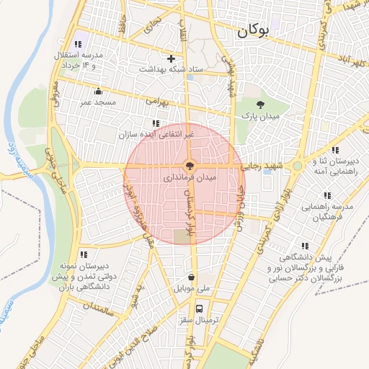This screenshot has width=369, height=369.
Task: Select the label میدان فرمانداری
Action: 168,177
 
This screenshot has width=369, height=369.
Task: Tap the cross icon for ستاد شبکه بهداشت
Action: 171,58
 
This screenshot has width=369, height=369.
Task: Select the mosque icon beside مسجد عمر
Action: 99,92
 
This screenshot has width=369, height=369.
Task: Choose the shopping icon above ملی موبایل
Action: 190,277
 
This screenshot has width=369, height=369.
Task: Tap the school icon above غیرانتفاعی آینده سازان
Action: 156,123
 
